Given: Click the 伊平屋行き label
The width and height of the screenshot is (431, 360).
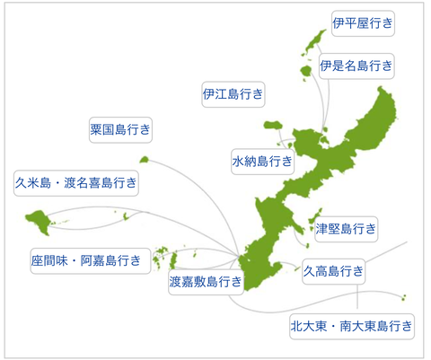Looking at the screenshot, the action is [x=363, y=23].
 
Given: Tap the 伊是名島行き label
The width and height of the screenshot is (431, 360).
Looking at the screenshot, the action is [x=356, y=66].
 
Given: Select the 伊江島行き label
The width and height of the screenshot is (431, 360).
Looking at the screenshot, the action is [x=233, y=94].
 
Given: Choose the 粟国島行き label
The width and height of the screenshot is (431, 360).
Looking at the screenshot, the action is [x=120, y=129].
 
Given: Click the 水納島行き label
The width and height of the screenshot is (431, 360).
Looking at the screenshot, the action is [x=262, y=162].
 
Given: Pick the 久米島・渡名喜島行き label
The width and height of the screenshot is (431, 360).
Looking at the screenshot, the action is [x=76, y=183].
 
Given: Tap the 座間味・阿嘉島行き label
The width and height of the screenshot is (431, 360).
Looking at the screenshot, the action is [x=91, y=260].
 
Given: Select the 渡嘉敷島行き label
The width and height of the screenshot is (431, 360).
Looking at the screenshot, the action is [x=206, y=282].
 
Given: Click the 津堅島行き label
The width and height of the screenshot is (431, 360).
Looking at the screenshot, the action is [x=346, y=229].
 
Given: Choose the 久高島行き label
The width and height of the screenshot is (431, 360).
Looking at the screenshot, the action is [x=334, y=271].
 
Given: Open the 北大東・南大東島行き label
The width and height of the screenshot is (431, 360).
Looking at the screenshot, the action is [x=352, y=326].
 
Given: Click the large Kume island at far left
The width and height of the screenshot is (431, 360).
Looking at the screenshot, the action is [x=39, y=222].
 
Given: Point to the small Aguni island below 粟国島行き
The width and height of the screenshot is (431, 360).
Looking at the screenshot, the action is [x=145, y=160].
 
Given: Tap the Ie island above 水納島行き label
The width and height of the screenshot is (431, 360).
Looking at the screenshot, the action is [x=273, y=125].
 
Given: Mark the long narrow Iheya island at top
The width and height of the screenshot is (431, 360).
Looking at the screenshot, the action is [x=314, y=42].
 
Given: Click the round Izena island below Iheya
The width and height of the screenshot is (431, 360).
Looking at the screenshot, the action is [x=306, y=71].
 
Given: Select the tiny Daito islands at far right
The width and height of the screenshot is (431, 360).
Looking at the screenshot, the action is [x=404, y=297].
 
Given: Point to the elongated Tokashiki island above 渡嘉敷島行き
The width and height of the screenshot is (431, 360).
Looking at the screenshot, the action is [x=173, y=260].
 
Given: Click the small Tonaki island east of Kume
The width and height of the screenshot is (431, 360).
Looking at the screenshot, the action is [x=126, y=216].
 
